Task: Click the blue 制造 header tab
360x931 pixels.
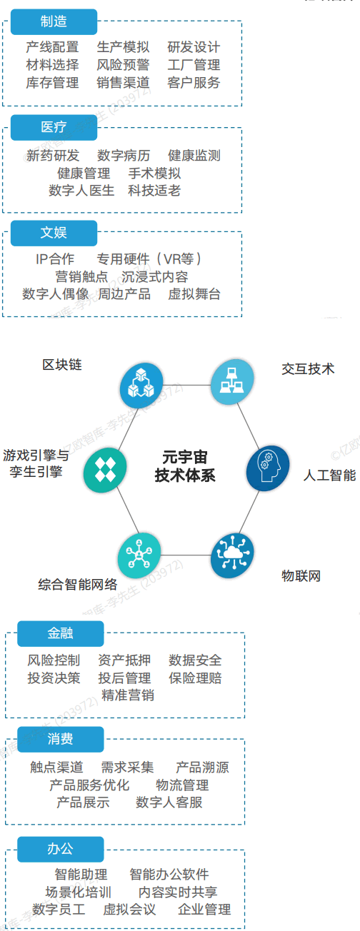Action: point(54,21)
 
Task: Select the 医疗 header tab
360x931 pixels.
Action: point(54,128)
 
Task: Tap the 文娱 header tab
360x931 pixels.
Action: point(54,233)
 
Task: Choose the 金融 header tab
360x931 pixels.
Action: point(60,633)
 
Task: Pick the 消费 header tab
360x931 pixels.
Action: point(60,740)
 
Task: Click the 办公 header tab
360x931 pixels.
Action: point(60,849)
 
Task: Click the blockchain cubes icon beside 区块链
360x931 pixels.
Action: point(141,386)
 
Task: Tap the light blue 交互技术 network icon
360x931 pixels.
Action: point(232,382)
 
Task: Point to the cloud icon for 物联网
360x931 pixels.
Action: point(232,555)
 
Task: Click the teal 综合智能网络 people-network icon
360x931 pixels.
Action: point(139,555)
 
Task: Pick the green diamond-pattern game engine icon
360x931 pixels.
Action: point(105,470)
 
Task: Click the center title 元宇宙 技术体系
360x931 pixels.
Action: point(185,466)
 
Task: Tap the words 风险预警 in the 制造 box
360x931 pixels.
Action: point(123,65)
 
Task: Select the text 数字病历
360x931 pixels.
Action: point(124,156)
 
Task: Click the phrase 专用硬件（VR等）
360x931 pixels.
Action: point(149,259)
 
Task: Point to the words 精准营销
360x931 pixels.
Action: point(128,695)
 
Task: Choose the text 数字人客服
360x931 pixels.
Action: point(169,802)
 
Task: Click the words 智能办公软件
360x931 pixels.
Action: point(169,875)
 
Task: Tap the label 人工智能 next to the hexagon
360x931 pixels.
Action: point(330,475)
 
